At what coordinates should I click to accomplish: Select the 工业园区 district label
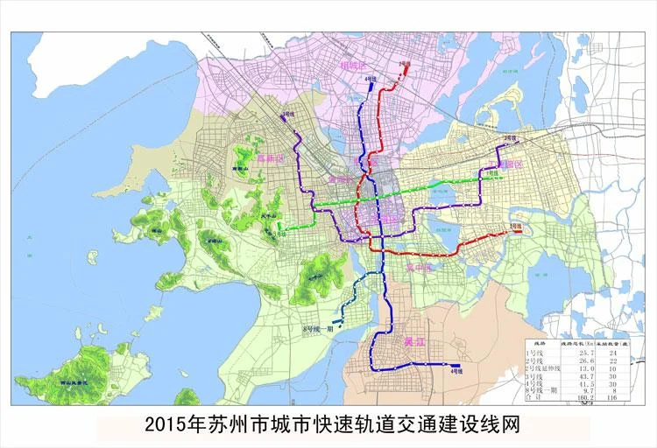click(x=505, y=164)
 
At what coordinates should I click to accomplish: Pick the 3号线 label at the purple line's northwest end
click(x=288, y=115)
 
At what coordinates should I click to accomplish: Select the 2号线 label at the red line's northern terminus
click(x=405, y=64)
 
